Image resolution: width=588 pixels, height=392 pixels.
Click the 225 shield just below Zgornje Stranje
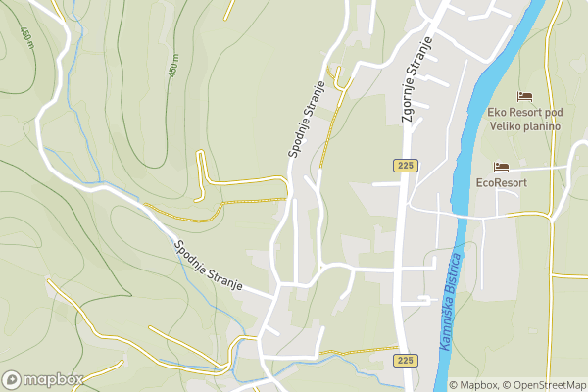coord(406,166)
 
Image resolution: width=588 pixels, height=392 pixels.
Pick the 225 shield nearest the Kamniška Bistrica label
coord(406,361)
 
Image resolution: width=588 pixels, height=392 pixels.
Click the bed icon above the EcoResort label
coord(501,167)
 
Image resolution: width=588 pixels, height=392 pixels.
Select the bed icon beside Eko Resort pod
coord(525,96)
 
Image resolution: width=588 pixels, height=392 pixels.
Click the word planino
coord(542,125)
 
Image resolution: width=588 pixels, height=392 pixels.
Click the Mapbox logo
coord(41,379)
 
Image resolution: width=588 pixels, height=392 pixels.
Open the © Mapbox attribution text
coord(473,384)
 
